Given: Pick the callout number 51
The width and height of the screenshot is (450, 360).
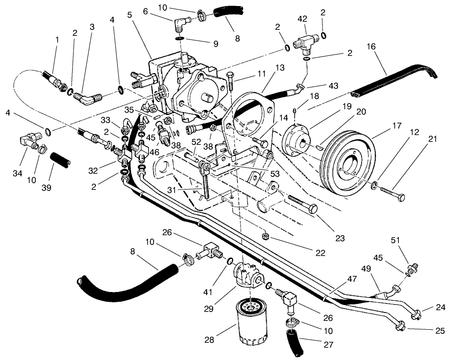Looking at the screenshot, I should pyautogui.click(x=396, y=240).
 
